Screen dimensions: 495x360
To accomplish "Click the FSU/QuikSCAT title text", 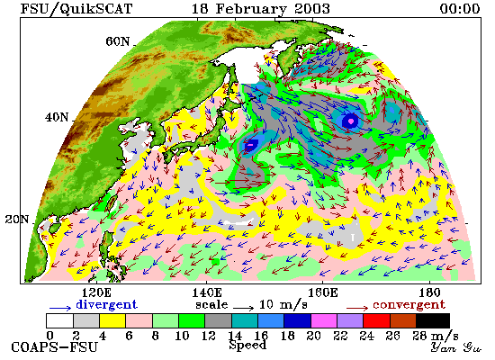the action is (x=76, y=8).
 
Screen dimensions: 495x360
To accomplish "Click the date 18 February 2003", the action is (x=261, y=8).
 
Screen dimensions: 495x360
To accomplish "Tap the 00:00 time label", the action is (x=460, y=8).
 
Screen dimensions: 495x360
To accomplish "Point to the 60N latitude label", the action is (x=118, y=41).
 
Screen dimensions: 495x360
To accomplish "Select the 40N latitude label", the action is (x=57, y=117).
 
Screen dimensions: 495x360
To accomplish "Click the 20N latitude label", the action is (x=17, y=220).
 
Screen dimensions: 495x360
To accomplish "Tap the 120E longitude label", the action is (x=96, y=292).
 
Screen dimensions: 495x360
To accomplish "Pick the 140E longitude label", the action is (x=207, y=292).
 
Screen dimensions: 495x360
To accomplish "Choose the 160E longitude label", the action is (x=322, y=292).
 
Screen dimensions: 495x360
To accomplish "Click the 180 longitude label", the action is (x=429, y=292).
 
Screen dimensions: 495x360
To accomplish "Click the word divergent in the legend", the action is (x=106, y=304).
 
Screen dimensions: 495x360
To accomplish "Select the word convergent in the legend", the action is (x=409, y=305).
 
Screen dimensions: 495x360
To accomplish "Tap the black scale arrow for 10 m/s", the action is (x=243, y=307).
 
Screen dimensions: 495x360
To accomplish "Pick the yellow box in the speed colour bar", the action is (x=112, y=320).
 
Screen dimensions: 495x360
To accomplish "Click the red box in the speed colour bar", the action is (x=376, y=320).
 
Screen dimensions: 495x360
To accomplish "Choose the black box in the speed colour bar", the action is (x=433, y=320).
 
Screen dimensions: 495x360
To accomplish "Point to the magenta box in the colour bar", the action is (x=324, y=320).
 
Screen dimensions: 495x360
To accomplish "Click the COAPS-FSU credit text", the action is (x=54, y=347).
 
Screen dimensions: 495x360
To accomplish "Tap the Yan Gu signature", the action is (x=456, y=347).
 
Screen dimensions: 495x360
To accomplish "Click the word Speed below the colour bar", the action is (x=247, y=345).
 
